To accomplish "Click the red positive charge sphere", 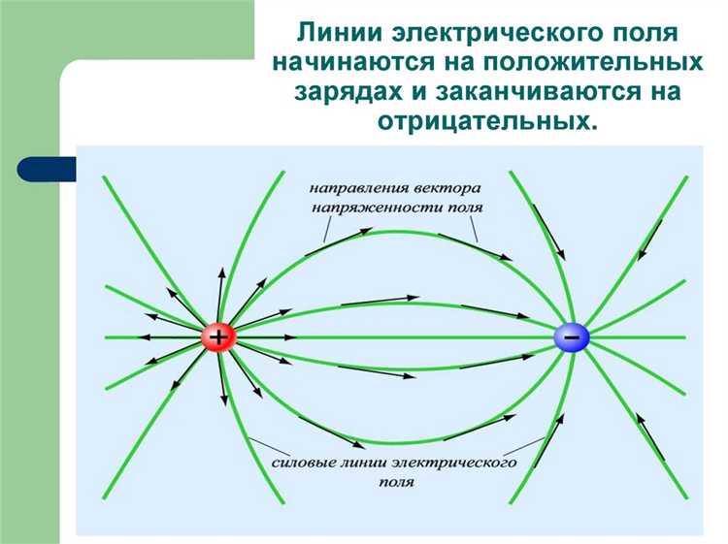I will [218, 337].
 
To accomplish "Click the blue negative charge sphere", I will [571, 337].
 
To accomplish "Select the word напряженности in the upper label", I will [370, 208].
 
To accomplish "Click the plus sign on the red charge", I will [218, 337].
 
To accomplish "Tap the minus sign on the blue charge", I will [571, 337].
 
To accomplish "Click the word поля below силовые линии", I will [397, 482].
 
